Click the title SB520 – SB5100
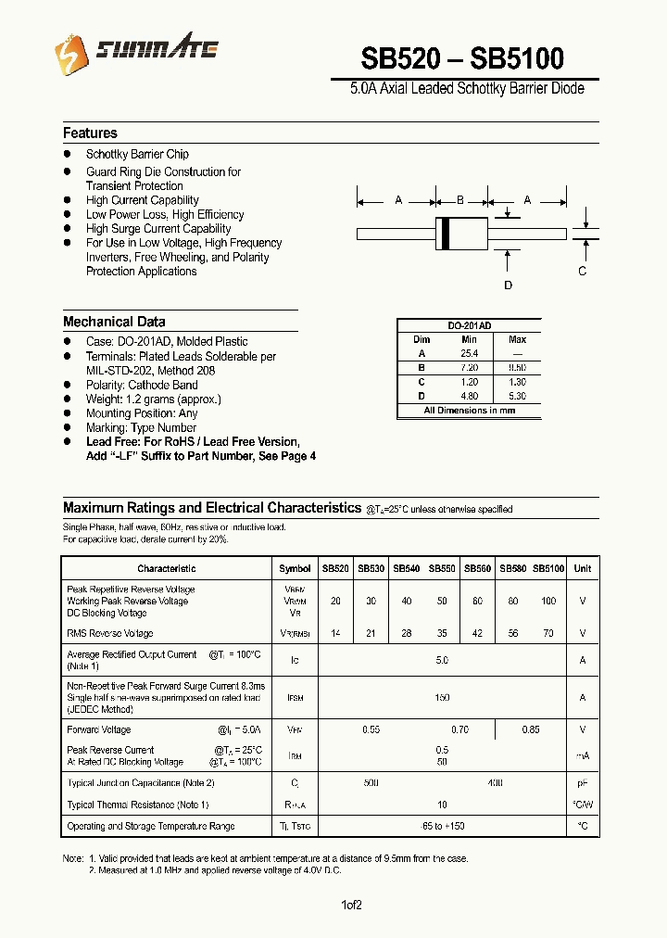pos(461,58)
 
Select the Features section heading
pos(90,133)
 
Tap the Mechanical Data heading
pos(114,322)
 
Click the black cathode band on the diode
pos(446,232)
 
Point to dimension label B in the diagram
pos(460,200)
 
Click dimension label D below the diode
pos(508,285)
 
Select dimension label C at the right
pos(582,271)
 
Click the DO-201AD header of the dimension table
pos(469,326)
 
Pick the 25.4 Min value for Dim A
pos(469,353)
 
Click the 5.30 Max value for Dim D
pos(517,396)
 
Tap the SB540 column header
pos(406,568)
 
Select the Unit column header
pos(582,568)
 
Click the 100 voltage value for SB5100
pos(548,601)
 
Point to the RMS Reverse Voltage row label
pos(109,633)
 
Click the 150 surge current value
pos(442,697)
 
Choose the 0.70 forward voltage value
pos(460,729)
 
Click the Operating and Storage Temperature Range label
pos(151,826)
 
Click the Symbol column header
pos(295,568)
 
